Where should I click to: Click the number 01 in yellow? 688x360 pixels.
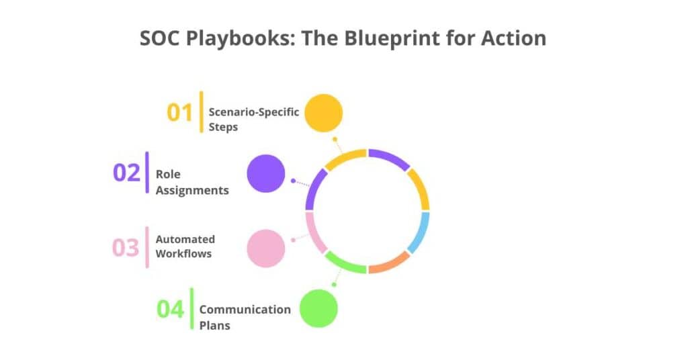[180, 112]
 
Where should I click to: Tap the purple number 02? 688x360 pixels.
[126, 173]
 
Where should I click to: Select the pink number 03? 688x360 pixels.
[125, 248]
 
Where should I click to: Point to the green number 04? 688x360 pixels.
[170, 310]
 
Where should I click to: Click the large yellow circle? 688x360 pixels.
[323, 113]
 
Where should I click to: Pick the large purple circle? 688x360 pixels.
[266, 173]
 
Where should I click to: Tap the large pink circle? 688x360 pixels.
[266, 248]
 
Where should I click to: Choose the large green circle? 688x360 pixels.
[318, 308]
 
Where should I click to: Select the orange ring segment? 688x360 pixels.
[390, 264]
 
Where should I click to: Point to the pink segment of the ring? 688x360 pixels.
[313, 232]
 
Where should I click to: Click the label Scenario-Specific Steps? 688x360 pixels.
[253, 119]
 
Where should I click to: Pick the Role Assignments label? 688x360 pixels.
[191, 182]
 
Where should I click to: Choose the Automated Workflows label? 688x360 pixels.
[185, 246]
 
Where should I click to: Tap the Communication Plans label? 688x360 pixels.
[245, 317]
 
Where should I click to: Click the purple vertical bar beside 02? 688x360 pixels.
[147, 173]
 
